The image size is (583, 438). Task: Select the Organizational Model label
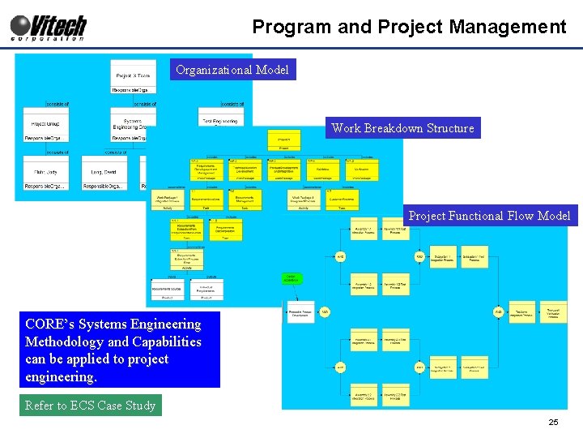coord(232,70)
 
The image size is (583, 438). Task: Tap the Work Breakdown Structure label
coord(402,128)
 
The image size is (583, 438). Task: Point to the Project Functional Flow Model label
coord(489,216)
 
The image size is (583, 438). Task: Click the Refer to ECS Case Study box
coord(90,406)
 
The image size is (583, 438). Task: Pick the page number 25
coord(554,423)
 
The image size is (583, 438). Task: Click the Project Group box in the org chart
coord(45,123)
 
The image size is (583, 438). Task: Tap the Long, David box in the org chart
coord(104,172)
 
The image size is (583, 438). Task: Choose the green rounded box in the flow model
coord(291,279)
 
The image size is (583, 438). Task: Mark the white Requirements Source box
coord(167,288)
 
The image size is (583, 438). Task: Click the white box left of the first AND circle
coord(299,311)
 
